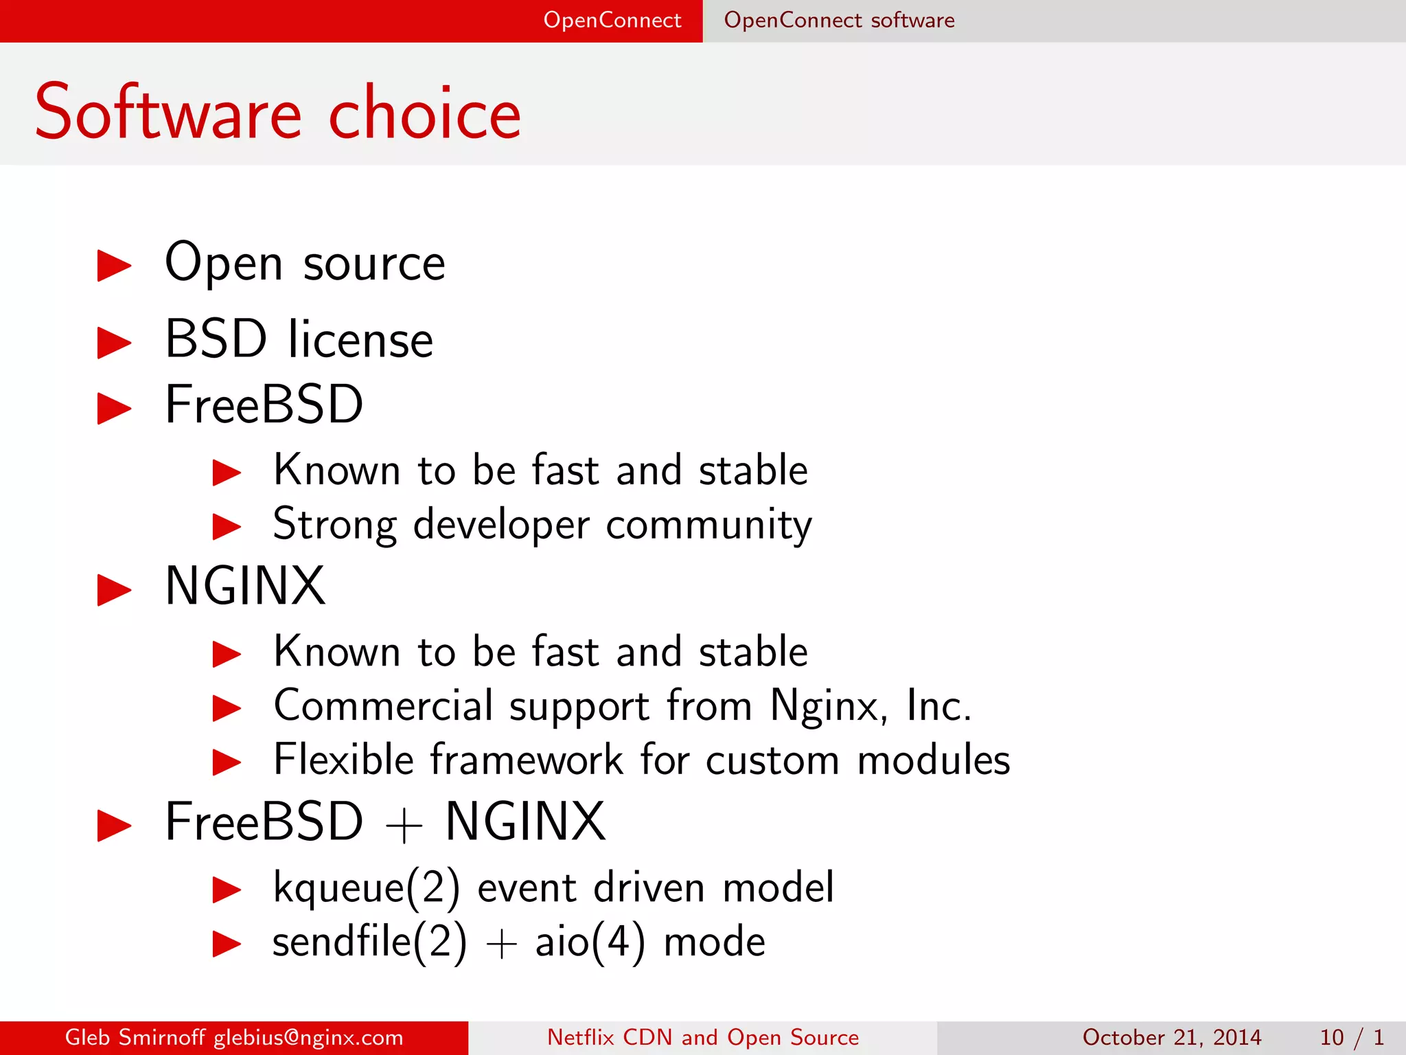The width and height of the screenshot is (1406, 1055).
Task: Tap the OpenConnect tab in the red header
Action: [x=612, y=20]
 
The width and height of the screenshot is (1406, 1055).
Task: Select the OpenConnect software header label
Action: [x=839, y=20]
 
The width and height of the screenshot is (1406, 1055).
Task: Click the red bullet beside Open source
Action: [x=114, y=266]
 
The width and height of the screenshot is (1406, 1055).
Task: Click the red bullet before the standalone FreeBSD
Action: [x=114, y=408]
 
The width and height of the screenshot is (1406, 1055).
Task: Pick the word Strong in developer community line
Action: [x=334, y=525]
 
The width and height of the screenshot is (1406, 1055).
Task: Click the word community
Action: [x=708, y=525]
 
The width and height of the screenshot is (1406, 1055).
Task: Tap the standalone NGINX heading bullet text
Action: [x=245, y=587]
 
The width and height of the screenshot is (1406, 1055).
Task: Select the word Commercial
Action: [x=383, y=705]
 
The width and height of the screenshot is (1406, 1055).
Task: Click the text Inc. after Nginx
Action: [x=938, y=705]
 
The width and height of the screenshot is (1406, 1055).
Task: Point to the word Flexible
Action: [x=343, y=760]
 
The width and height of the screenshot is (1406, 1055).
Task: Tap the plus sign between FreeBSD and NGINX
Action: [x=404, y=825]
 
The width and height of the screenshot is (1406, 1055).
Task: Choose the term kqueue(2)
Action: [x=366, y=887]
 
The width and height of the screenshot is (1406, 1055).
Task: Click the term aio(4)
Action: [x=590, y=942]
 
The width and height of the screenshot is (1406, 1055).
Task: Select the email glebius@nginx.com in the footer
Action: [x=308, y=1037]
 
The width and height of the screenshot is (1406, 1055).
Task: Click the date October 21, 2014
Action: [x=1172, y=1037]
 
